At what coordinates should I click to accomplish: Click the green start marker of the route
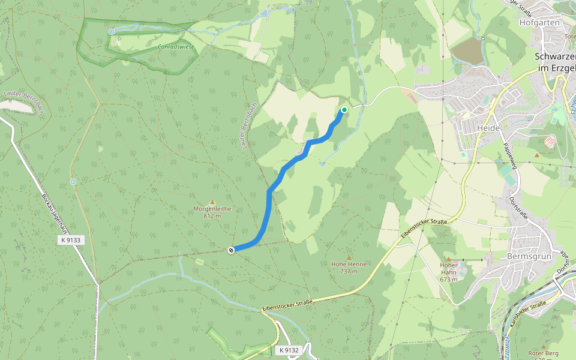(344, 110)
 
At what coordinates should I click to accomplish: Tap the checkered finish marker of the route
(231, 250)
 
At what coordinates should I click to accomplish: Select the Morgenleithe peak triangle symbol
(212, 202)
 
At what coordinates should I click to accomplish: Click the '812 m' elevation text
(212, 216)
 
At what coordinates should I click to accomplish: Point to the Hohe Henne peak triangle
(349, 257)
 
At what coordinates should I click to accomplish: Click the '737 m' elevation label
(349, 271)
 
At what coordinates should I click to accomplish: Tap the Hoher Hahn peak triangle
(448, 259)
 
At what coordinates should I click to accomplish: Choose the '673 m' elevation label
(448, 279)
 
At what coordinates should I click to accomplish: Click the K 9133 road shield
(71, 240)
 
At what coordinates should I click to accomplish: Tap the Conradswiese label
(176, 46)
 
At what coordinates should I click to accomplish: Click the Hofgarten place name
(539, 22)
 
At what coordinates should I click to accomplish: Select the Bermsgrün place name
(529, 256)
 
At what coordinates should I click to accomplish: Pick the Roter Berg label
(543, 353)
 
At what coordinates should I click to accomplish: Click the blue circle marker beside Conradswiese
(112, 32)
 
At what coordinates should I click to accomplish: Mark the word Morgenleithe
(212, 209)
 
